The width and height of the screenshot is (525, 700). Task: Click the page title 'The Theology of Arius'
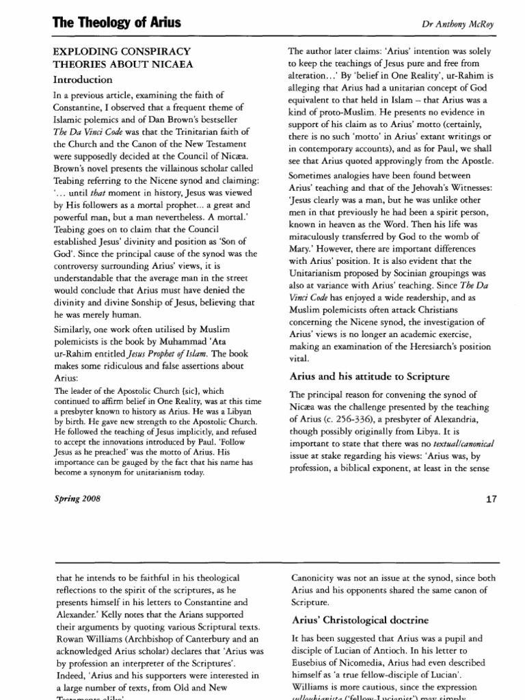point(117,23)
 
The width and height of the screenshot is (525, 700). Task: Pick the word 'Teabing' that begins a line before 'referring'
point(70,180)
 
